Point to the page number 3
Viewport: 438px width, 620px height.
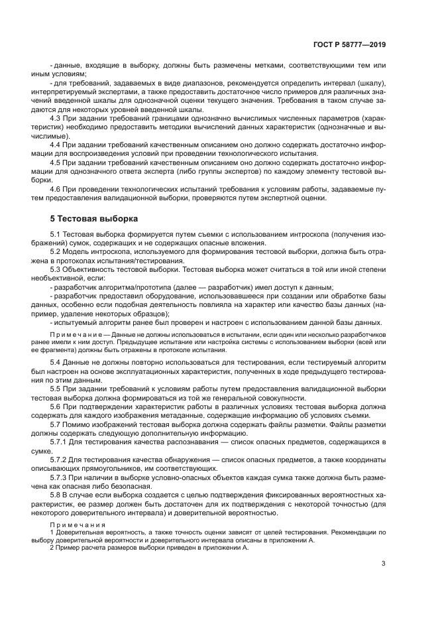click(x=384, y=564)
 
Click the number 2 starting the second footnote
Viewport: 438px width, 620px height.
click(x=52, y=548)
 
